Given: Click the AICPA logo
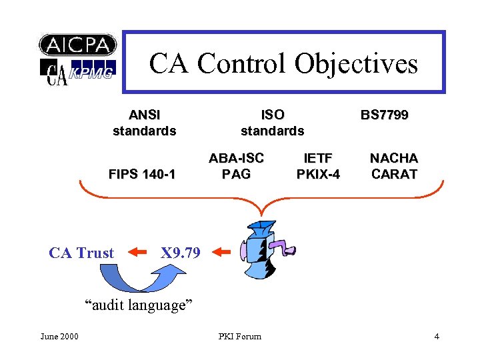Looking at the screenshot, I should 78,45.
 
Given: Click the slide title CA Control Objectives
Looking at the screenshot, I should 283,63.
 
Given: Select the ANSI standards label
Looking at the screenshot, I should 144,123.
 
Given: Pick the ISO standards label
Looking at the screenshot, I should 272,123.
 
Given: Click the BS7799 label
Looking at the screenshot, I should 384,115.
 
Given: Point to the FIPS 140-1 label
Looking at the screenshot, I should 142,175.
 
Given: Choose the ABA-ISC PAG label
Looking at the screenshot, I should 236,166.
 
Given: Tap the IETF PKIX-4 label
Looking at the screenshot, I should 318,166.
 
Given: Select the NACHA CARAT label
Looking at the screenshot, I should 394,166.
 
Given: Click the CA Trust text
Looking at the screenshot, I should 81,253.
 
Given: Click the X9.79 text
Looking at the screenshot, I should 180,253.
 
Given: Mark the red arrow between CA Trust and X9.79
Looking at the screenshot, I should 137,253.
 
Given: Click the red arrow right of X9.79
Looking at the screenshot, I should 221,253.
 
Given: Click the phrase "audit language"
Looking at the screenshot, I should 138,305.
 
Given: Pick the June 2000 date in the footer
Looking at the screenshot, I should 59,336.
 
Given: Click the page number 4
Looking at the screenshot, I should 437,336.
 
